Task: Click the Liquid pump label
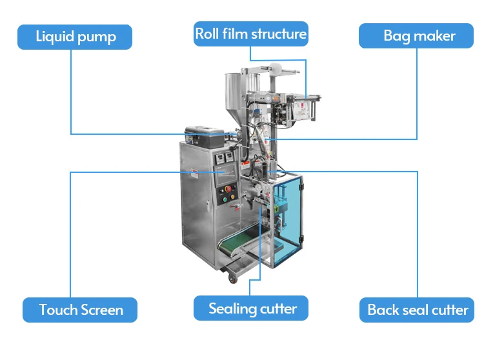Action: (x=75, y=37)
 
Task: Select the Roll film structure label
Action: (x=251, y=34)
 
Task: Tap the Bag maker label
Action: (x=419, y=35)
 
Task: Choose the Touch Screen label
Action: (x=81, y=310)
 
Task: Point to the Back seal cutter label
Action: (x=418, y=310)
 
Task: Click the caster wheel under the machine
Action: (x=230, y=279)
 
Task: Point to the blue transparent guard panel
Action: (x=288, y=219)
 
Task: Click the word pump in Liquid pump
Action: (x=96, y=37)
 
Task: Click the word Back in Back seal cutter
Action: (x=383, y=310)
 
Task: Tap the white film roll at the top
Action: (x=277, y=66)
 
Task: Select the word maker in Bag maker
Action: (x=434, y=35)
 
